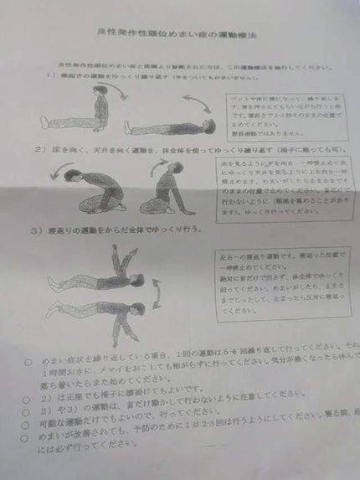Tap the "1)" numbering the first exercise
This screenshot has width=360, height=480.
click(50, 75)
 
